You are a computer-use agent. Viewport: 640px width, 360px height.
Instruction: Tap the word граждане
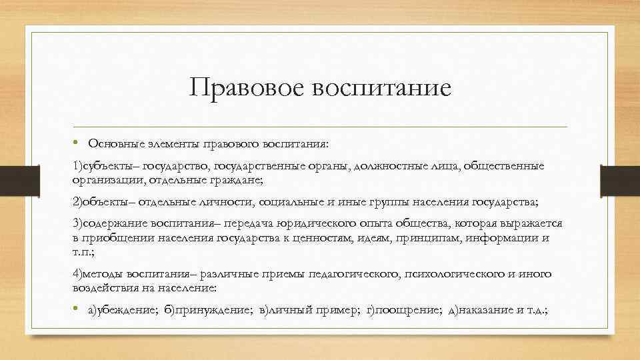click(x=235, y=180)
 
